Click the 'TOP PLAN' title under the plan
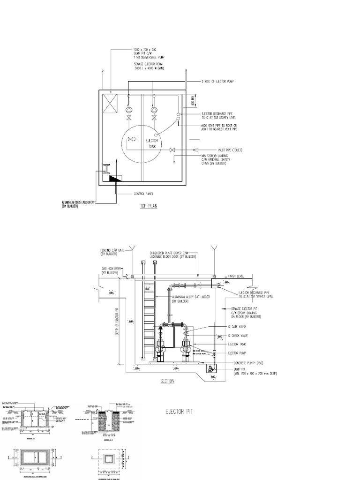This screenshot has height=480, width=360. [x=148, y=206]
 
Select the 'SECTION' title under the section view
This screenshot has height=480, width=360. [x=167, y=381]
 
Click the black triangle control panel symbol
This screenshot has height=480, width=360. [x=114, y=178]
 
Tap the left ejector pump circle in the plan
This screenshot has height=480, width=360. [x=129, y=109]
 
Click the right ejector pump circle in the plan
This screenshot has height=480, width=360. [x=153, y=109]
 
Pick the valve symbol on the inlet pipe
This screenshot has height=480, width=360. [x=172, y=150]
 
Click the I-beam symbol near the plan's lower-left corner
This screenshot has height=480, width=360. [x=107, y=168]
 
